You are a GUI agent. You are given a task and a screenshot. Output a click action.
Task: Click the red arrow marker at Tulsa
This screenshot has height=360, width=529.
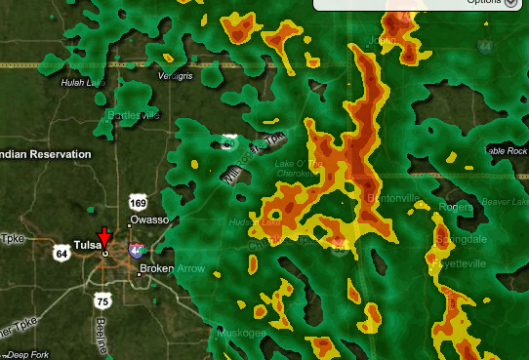click(x=104, y=234)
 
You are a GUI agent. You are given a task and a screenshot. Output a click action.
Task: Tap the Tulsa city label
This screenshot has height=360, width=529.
click(x=87, y=244)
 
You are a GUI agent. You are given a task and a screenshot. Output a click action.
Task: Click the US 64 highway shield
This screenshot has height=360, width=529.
click(x=61, y=254)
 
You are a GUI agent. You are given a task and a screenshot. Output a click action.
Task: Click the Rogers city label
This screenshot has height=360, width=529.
click(x=456, y=207)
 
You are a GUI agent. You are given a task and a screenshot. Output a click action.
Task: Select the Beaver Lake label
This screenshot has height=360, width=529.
click(x=506, y=200)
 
